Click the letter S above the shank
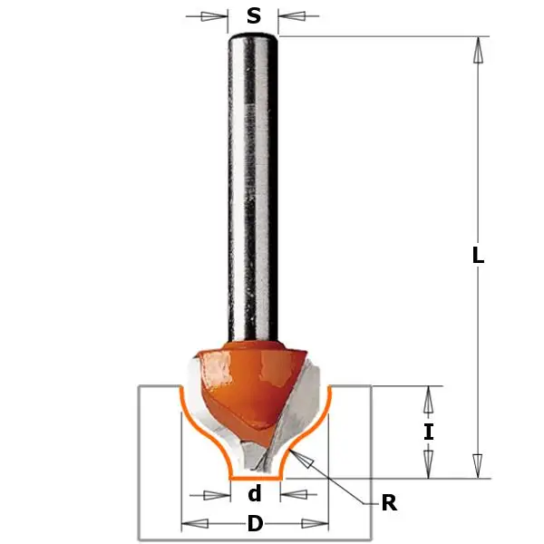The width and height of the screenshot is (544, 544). coord(254,15)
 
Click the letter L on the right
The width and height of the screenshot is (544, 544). coord(478,256)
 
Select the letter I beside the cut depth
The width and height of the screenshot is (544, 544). coord(429,432)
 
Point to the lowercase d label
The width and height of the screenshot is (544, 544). coord(255,494)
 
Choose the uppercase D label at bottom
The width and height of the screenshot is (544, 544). coord(255,524)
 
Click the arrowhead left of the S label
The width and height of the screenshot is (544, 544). coord(216,15)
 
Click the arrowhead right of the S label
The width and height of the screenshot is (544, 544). coord(293,15)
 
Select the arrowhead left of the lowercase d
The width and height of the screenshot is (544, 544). coord(217,494)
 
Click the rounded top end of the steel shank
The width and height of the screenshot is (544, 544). coord(254,38)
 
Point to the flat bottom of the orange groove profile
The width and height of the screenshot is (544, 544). coord(255,477)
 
